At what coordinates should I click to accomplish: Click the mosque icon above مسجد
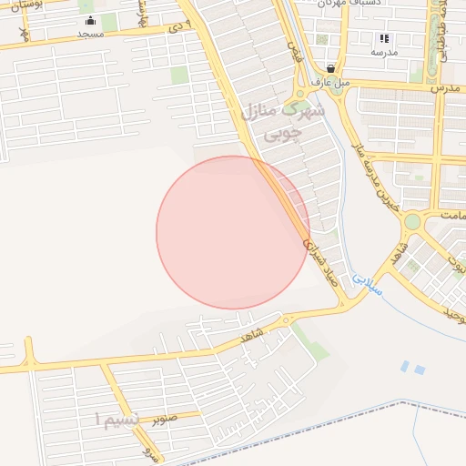point(90,22)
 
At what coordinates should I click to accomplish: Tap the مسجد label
point(90,34)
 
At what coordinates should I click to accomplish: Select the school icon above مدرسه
point(384,39)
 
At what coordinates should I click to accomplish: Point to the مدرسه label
point(384,52)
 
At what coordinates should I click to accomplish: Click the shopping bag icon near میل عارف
point(329,68)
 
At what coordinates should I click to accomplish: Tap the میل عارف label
point(331,81)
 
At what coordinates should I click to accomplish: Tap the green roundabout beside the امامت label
point(413,221)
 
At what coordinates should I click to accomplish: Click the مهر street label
point(25,34)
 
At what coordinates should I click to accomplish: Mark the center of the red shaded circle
point(232,232)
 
